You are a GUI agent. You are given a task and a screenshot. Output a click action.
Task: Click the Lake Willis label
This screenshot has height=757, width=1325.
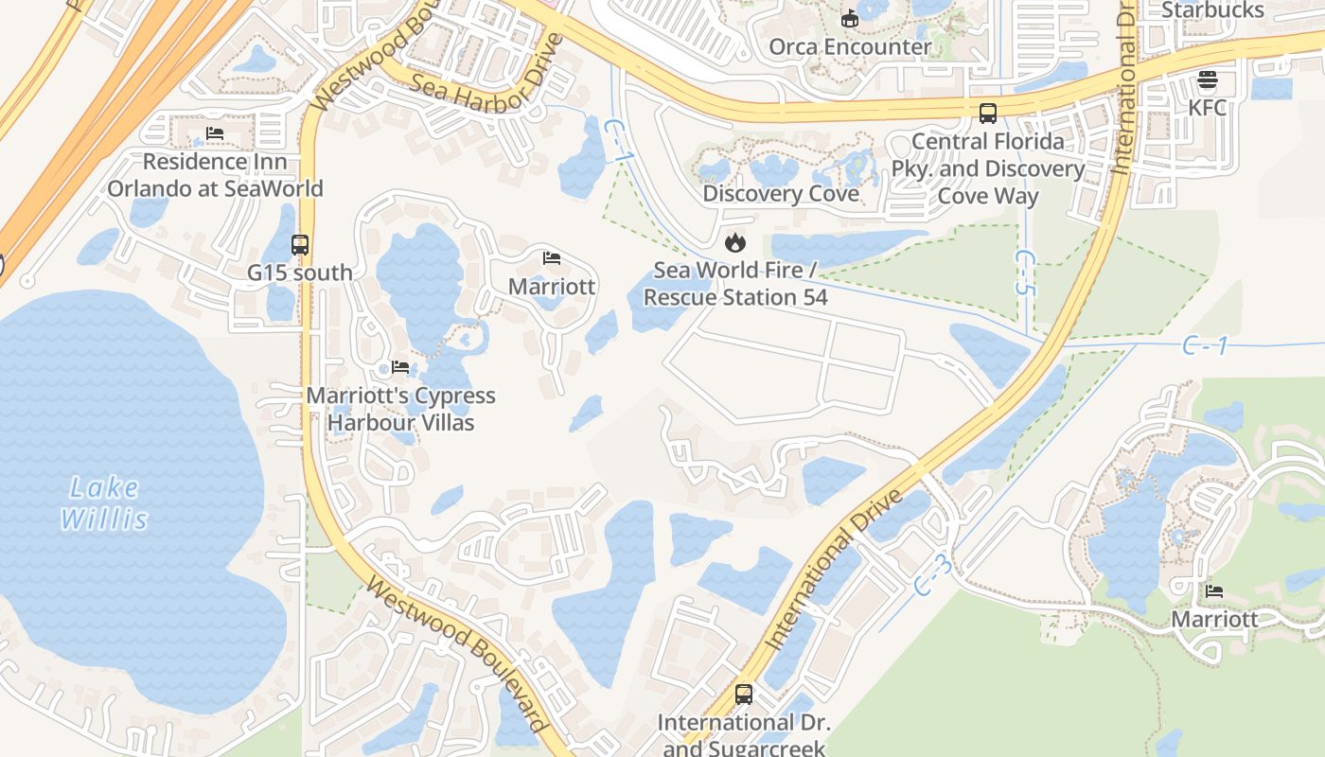pos(104,503)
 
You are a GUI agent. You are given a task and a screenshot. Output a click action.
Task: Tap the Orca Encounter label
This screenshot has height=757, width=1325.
pos(849,46)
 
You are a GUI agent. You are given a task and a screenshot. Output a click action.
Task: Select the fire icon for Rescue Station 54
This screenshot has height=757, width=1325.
pos(734,243)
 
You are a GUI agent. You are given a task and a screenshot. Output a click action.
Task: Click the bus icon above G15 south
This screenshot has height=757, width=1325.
pos(300,245)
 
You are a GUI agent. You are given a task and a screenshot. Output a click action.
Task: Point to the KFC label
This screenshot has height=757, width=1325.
pos(1207,107)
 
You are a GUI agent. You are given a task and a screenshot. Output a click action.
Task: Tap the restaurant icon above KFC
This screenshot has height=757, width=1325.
pos(1207,79)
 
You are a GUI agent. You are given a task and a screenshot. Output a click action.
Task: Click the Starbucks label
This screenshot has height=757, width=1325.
pos(1212,10)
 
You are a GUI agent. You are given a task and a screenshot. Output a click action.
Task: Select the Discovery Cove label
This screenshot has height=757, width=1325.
pos(780,194)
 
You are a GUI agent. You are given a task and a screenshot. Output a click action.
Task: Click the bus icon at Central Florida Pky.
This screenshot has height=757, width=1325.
pos(987,114)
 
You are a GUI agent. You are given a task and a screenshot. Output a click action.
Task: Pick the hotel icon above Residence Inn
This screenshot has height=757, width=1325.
pos(215,133)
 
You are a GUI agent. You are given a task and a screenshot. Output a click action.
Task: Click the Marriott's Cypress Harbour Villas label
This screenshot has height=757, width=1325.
pos(400,409)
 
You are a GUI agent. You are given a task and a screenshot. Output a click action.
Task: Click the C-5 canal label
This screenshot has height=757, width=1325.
pos(1024,273)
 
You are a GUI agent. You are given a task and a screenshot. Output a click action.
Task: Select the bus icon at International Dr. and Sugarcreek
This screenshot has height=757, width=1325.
pos(743,695)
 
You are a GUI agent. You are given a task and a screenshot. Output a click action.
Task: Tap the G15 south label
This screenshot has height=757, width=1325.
pos(300,273)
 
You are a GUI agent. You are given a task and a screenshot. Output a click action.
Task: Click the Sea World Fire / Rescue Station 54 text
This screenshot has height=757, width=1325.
pos(734,284)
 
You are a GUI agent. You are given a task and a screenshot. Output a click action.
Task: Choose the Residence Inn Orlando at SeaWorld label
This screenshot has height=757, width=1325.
pos(215,175)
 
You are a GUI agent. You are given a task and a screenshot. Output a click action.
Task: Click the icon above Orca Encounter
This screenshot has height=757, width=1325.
pos(849,18)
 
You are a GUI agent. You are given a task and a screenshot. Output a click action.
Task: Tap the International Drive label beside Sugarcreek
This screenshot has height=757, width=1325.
pos(833,572)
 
